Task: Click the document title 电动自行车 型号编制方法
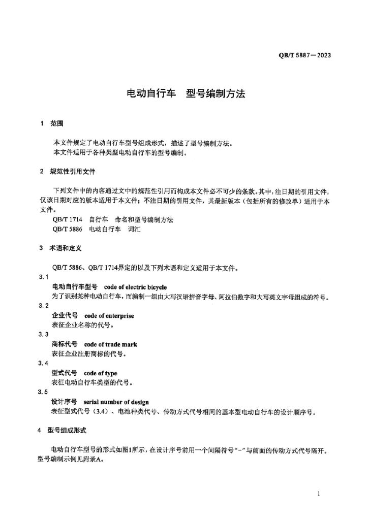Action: (x=186, y=94)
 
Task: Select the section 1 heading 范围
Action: (x=57, y=123)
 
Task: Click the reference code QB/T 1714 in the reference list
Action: (x=67, y=220)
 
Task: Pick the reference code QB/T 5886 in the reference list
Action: (x=67, y=230)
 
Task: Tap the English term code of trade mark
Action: (x=111, y=344)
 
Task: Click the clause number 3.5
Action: (x=44, y=393)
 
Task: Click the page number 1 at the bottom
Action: (x=318, y=493)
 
